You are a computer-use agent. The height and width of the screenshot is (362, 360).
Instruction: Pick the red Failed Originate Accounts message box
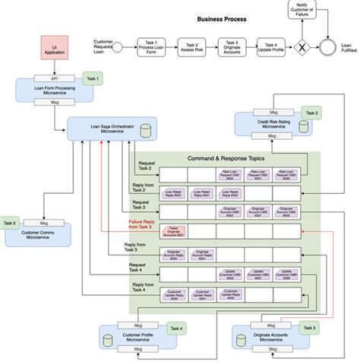pyautogui.click(x=175, y=230)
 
